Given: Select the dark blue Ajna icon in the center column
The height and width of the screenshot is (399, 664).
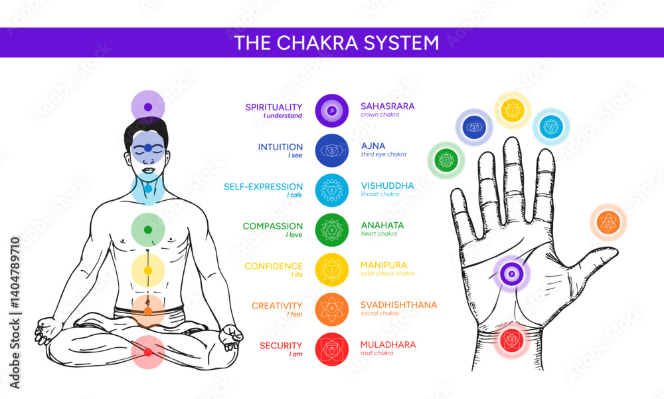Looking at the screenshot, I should point(332,150).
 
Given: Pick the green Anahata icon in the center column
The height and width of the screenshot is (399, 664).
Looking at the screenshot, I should point(332,229).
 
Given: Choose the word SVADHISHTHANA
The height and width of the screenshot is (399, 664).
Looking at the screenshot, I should point(398,305).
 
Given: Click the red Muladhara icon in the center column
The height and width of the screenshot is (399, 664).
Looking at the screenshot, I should point(332,348).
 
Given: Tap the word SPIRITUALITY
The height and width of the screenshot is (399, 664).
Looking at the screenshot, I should point(274,106).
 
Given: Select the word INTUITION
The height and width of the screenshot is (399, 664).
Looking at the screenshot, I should point(280,146).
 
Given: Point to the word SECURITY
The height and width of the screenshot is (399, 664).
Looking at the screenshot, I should point(281,345).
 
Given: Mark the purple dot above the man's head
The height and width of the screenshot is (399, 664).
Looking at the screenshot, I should point(148,106).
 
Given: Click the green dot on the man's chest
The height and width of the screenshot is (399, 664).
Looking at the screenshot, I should point(148,229).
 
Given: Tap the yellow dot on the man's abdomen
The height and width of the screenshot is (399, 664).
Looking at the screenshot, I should point(148,271).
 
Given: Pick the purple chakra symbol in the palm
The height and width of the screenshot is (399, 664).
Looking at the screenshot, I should point(511,273).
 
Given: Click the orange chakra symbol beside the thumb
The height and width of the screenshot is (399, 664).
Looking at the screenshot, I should point(608,222).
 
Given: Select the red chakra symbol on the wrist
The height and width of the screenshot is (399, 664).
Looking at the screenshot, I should point(511,340).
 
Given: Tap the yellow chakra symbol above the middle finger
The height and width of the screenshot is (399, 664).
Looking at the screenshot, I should point(512,110).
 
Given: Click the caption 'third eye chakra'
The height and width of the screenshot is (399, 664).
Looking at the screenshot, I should point(384,154).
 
